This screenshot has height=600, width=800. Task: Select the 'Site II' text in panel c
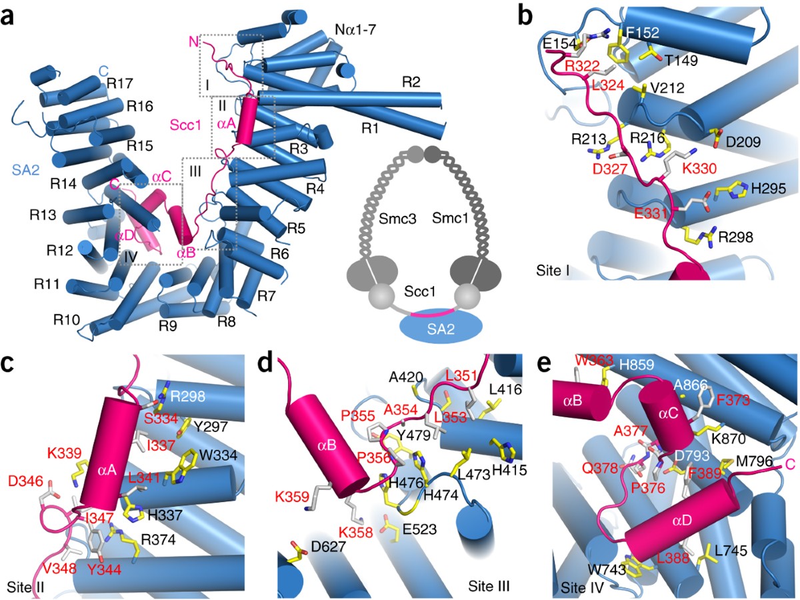[31, 587]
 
